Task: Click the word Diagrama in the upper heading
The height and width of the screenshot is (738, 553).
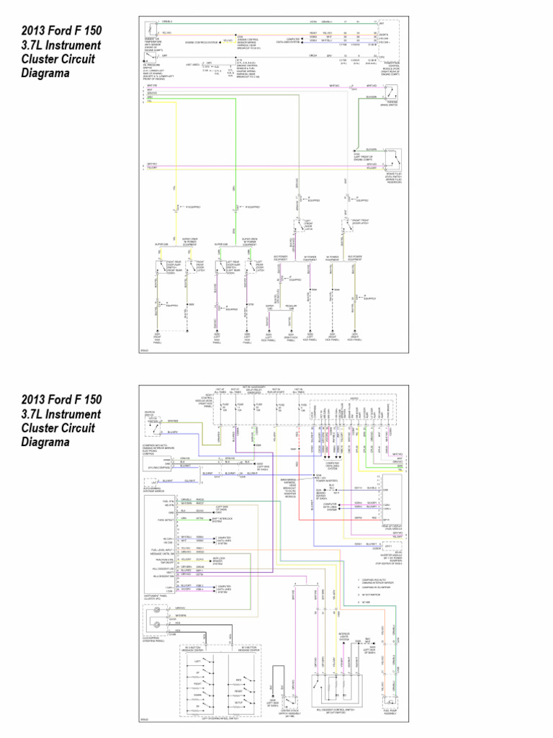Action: pyautogui.click(x=45, y=73)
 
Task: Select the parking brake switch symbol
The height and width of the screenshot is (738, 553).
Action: pyautogui.click(x=392, y=94)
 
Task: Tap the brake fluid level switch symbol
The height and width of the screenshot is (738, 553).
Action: pyautogui.click(x=392, y=155)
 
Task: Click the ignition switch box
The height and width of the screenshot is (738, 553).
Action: pyautogui.click(x=152, y=427)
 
